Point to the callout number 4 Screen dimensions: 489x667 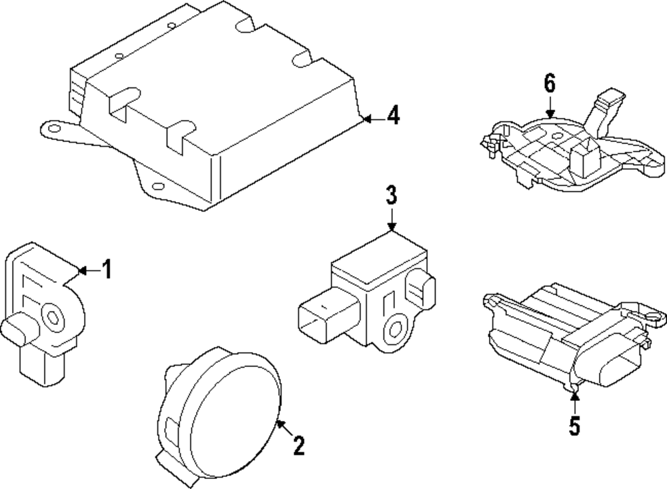click(x=394, y=116)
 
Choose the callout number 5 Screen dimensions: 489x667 click(x=575, y=425)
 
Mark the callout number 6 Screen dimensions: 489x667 click(x=549, y=84)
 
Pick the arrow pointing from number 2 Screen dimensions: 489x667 click(x=284, y=428)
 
